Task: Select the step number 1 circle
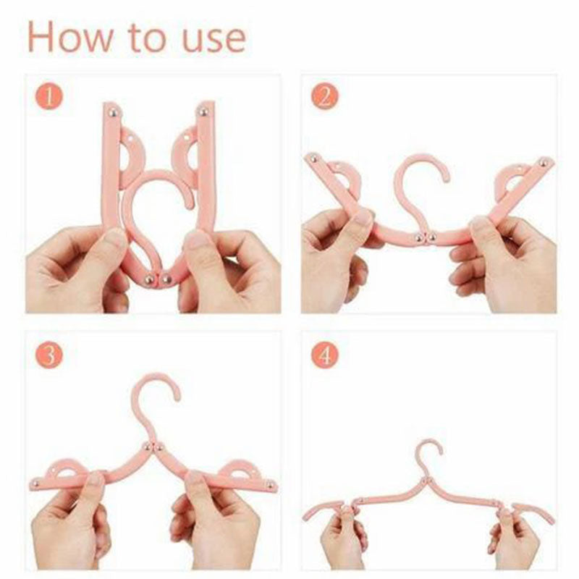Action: pos(46,96)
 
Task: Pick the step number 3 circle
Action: pos(46,354)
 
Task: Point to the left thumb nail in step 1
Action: pos(114,238)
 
